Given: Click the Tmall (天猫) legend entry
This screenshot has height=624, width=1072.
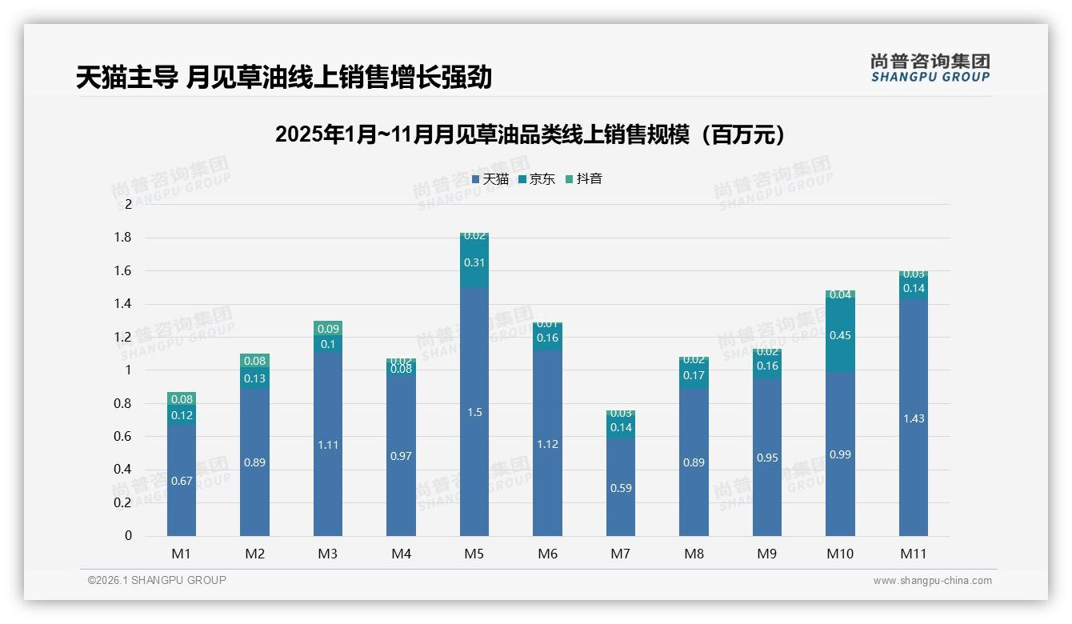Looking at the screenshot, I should (x=490, y=179).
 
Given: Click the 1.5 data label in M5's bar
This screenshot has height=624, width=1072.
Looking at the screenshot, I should (x=474, y=412).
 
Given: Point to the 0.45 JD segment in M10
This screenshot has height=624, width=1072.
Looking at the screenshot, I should (x=840, y=335).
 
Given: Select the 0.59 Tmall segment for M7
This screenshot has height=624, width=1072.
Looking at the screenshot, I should (x=621, y=487).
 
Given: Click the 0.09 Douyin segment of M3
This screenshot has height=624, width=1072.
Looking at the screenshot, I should (x=328, y=328).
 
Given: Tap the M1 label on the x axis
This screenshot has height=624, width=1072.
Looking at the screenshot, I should (x=182, y=554).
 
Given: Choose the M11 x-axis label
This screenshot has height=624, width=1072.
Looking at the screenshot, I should (x=913, y=554).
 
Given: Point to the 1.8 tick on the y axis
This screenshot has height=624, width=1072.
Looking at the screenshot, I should (x=122, y=238).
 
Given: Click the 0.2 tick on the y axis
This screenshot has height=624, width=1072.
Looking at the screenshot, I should (x=122, y=502).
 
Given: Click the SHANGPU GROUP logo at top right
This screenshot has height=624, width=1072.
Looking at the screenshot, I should (x=930, y=68).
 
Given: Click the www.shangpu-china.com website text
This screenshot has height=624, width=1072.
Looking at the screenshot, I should (x=932, y=581).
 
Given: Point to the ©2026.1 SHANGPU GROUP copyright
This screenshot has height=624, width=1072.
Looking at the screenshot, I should (x=157, y=580).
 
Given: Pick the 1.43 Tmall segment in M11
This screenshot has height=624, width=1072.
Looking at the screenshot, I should (x=913, y=418).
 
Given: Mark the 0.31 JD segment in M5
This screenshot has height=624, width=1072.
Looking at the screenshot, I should (x=474, y=262).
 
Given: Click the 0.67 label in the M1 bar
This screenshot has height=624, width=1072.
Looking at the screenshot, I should (x=182, y=480).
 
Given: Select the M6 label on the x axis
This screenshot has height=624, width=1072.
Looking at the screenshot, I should (x=547, y=554).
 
